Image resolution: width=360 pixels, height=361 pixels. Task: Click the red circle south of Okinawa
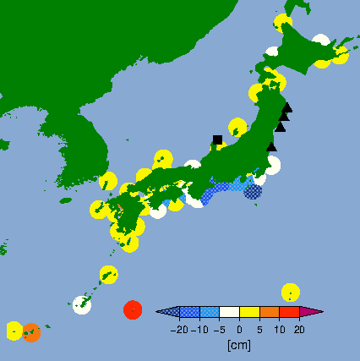[132, 309]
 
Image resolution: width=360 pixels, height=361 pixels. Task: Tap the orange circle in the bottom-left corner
[31, 332]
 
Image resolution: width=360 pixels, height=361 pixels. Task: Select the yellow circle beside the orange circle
[14, 330]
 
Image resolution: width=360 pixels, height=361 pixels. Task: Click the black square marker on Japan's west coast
[217, 139]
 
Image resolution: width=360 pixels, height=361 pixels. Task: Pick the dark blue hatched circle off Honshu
[253, 191]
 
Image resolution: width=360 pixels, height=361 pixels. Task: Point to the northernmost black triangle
[287, 107]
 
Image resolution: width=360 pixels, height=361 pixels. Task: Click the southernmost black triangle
[271, 146]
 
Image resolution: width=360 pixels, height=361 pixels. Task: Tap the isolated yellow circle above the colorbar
[290, 292]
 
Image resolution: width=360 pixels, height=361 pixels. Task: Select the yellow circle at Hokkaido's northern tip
[282, 23]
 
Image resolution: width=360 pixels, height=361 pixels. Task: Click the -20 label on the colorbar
[178, 330]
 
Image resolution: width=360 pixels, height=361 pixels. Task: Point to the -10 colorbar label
[200, 330]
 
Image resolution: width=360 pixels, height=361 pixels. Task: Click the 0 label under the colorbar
[239, 330]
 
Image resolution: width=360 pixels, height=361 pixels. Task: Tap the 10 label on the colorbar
[280, 330]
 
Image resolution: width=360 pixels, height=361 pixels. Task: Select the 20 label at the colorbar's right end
[299, 330]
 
